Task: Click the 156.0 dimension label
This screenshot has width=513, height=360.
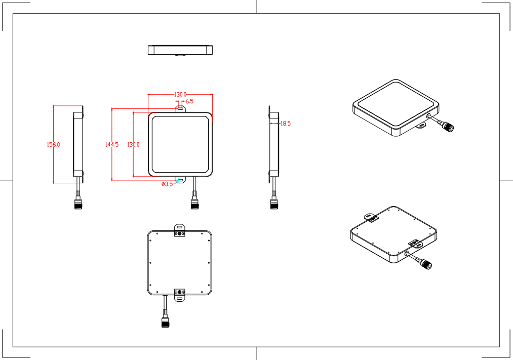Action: (x=53, y=144)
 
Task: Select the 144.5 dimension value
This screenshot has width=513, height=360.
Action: (x=111, y=144)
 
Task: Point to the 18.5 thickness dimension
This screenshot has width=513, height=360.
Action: (x=285, y=123)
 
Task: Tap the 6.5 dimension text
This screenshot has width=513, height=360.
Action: (x=189, y=101)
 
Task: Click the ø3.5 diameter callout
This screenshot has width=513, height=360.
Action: (x=167, y=184)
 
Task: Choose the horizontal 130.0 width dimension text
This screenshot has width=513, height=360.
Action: (x=180, y=95)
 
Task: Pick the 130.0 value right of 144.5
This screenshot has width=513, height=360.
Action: (x=133, y=144)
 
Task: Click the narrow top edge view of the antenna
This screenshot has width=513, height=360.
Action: (x=180, y=50)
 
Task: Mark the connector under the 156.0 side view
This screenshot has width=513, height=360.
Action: (x=78, y=204)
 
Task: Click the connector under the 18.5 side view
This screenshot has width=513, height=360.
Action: (x=273, y=204)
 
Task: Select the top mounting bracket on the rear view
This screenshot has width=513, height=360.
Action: (x=180, y=229)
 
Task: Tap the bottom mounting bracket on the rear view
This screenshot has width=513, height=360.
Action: (x=180, y=295)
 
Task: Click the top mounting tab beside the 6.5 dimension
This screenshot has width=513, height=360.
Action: (x=180, y=107)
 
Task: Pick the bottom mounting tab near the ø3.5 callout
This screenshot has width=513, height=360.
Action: (x=180, y=180)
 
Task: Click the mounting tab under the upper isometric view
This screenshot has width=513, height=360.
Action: (x=421, y=126)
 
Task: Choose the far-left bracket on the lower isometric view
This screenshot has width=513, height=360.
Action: (x=372, y=218)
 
